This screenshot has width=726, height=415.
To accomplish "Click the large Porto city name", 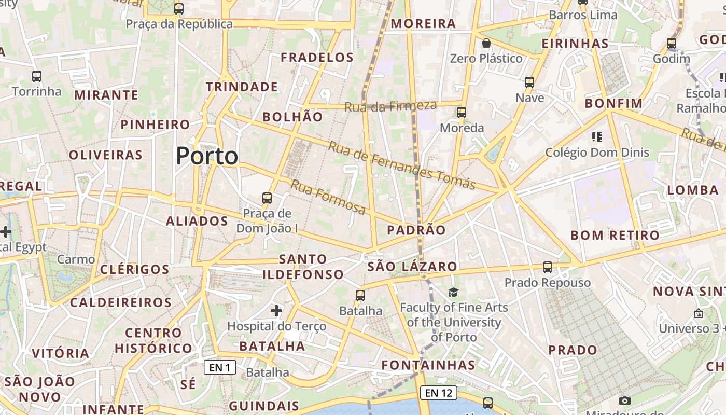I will point(207,156).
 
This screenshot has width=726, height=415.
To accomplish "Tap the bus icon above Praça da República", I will point(179,9).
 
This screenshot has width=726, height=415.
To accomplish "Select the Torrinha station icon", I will point(37,76).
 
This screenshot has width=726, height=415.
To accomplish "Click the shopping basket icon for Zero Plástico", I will point(486,43).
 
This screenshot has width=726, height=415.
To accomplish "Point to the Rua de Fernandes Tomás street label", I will point(402,165).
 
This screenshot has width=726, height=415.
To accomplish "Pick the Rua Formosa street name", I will point(328,197).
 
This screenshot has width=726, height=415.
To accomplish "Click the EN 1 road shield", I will point(220,368).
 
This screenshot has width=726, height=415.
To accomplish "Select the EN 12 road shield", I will point(439,393).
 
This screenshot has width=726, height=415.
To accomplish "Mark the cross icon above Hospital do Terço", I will point(276,311).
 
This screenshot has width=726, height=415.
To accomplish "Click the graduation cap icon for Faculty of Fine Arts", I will point(454,292).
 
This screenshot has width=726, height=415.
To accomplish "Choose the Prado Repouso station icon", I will point(548,267).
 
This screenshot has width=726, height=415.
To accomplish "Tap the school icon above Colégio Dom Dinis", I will point(597,137).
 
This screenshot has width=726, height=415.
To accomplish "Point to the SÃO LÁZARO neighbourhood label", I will point(413,267).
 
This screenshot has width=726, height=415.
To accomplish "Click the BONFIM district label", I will point(613,103).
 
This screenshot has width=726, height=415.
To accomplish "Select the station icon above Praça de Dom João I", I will point(267,198).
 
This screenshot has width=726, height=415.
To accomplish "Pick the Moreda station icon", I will point(461,112).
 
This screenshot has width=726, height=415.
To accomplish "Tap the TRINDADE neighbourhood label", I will point(242,87).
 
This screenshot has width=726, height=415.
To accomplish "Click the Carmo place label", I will point(76,259).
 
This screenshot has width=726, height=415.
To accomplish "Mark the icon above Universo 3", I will point(698,313).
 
